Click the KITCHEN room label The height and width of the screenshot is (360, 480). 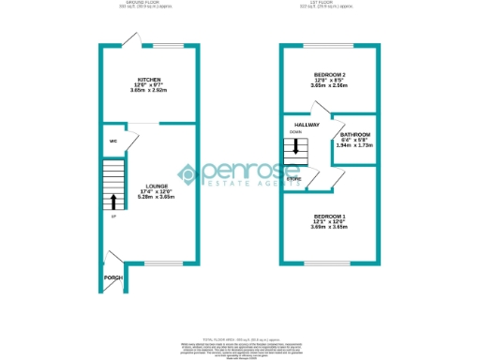tap(149, 80)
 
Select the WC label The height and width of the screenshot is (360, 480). tap(112, 142)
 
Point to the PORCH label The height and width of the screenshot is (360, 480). tap(113, 277)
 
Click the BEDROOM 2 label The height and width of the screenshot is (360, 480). tap(330, 74)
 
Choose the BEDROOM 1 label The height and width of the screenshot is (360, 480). tap(329, 217)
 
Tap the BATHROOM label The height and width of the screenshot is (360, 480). tap(355, 135)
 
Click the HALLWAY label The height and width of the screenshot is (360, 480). tap(307, 125)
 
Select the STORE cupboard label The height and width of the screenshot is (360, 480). tap(294, 177)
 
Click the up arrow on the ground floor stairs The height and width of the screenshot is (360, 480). tap(114, 201)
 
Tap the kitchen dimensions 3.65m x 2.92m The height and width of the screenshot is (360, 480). tap(149, 91)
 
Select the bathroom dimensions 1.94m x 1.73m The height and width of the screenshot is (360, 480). tap(355, 146)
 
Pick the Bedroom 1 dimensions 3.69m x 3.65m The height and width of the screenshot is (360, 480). tap(329, 228)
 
